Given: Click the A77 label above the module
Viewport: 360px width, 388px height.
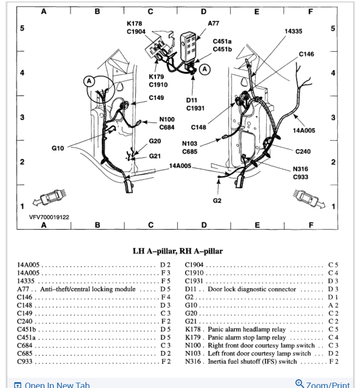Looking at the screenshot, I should click(213, 23).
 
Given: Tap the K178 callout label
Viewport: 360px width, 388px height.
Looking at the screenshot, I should click(134, 23).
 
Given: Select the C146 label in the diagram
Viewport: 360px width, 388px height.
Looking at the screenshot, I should click(306, 54).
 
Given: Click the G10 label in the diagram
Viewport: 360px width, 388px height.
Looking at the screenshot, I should click(58, 147).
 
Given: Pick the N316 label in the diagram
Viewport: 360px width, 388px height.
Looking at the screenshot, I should click(301, 169).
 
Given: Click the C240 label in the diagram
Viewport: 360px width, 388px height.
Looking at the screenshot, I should click(303, 152).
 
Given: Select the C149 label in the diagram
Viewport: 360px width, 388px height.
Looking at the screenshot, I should click(156, 97).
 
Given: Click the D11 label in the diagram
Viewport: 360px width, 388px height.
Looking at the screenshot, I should click(192, 100).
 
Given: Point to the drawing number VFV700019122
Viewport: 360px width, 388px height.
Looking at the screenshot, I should click(49, 217).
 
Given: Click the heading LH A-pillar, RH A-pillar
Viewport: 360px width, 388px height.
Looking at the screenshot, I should click(178, 251).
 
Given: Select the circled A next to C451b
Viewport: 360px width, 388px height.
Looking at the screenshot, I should click(205, 69).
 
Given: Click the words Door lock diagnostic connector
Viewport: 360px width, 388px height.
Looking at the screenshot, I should click(252, 289).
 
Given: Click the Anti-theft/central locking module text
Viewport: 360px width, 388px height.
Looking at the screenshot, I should click(87, 289).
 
